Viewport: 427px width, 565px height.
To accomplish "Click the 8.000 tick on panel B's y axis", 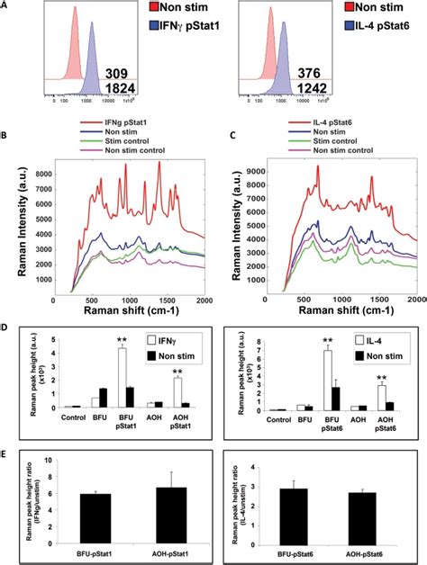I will (x=30, y=166).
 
